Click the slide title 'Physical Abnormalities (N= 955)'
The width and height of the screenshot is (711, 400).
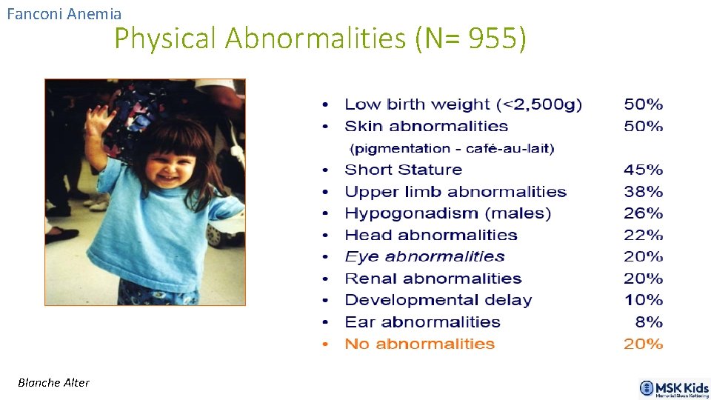click(320, 39)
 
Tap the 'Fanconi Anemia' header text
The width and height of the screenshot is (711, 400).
click(64, 13)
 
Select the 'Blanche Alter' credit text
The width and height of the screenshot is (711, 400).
click(54, 382)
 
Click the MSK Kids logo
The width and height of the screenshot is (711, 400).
click(673, 388)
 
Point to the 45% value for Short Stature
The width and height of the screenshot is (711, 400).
click(643, 170)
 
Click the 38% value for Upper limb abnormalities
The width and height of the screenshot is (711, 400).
click(643, 192)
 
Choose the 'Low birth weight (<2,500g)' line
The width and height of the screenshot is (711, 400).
click(463, 105)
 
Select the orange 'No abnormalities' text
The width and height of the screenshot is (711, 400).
click(419, 344)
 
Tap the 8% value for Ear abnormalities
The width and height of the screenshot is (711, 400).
click(649, 322)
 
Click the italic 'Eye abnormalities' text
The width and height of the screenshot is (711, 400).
click(424, 257)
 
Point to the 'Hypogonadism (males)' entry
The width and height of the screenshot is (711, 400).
click(447, 213)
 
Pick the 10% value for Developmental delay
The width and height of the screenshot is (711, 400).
click(643, 300)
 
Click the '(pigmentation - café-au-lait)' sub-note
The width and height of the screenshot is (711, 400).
click(452, 149)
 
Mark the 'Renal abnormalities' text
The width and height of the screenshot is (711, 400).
click(433, 279)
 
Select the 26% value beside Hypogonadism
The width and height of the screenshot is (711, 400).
click(643, 213)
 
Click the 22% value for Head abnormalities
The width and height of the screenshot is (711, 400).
click(643, 235)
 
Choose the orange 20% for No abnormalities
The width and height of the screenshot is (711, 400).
click(643, 344)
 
